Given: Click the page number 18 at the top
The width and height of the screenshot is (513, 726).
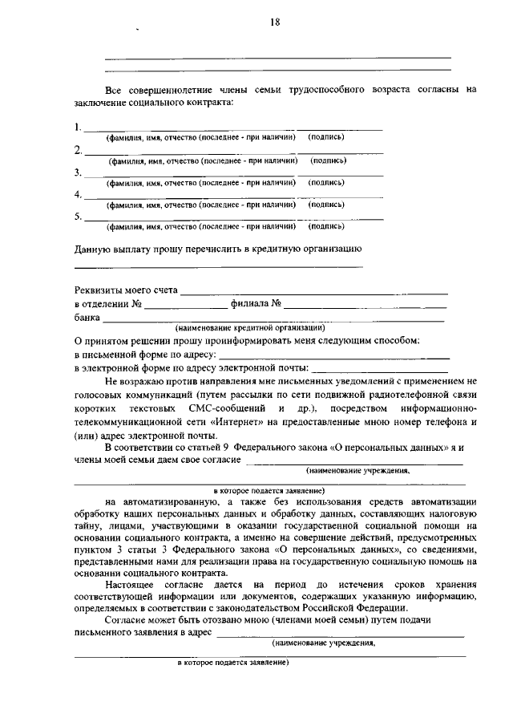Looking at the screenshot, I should pyautogui.click(x=275, y=22).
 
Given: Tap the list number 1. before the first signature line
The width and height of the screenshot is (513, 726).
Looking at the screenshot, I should pyautogui.click(x=78, y=127).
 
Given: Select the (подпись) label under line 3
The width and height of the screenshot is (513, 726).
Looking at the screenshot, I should pyautogui.click(x=327, y=183).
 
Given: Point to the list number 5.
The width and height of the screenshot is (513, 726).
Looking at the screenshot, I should pyautogui.click(x=78, y=217).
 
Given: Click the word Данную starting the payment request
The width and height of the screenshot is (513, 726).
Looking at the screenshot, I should pyautogui.click(x=94, y=249).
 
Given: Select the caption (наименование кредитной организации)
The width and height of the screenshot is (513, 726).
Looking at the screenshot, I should pyautogui.click(x=250, y=328).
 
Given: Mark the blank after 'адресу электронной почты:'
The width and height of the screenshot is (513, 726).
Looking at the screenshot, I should pyautogui.click(x=381, y=368).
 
